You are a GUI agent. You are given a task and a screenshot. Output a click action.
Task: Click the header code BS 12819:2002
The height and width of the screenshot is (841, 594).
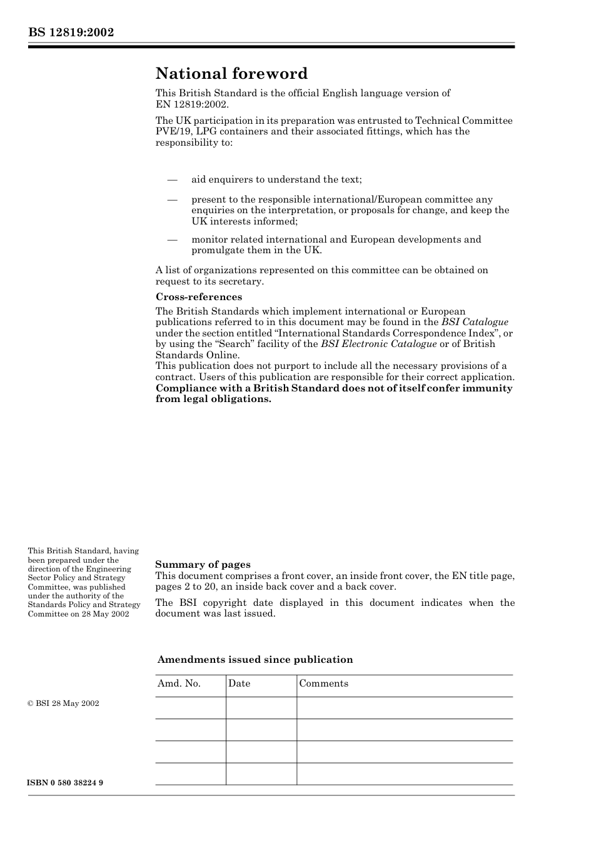coord(71,33)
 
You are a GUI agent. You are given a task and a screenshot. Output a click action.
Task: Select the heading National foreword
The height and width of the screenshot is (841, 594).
coord(231,74)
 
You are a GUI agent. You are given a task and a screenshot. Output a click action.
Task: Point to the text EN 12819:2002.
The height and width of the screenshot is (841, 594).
coord(192,104)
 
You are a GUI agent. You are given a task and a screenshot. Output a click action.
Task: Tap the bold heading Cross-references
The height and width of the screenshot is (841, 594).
coord(199,297)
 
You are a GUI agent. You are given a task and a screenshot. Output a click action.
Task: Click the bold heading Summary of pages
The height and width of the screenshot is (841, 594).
coord(203,565)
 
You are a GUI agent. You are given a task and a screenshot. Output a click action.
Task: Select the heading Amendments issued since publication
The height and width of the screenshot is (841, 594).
coord(255,660)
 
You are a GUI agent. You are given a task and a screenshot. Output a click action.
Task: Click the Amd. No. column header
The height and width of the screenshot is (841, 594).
coord(179,683)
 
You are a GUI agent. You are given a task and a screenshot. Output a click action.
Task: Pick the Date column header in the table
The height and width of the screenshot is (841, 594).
coord(239,683)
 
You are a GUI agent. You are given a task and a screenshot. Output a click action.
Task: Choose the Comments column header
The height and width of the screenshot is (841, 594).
coord(323,683)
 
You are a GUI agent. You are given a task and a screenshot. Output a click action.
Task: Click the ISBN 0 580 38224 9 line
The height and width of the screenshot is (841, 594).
coord(66,783)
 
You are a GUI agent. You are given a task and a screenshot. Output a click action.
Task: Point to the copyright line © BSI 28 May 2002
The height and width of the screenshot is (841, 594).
coord(63,703)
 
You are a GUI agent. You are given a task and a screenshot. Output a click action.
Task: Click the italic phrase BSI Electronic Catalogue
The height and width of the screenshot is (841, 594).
coord(378,344)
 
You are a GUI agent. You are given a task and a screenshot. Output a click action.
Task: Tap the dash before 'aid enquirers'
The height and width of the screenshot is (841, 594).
coord(173,180)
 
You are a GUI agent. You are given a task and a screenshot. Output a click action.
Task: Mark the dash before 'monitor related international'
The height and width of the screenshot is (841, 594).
coord(173,239)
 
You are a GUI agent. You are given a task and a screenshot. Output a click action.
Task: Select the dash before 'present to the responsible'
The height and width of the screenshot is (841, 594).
coord(173,200)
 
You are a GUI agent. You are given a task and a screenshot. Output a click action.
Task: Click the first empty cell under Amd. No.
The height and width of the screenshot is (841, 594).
coord(190,708)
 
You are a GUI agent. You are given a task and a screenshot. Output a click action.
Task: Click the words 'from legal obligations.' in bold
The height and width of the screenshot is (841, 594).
coord(213,399)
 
